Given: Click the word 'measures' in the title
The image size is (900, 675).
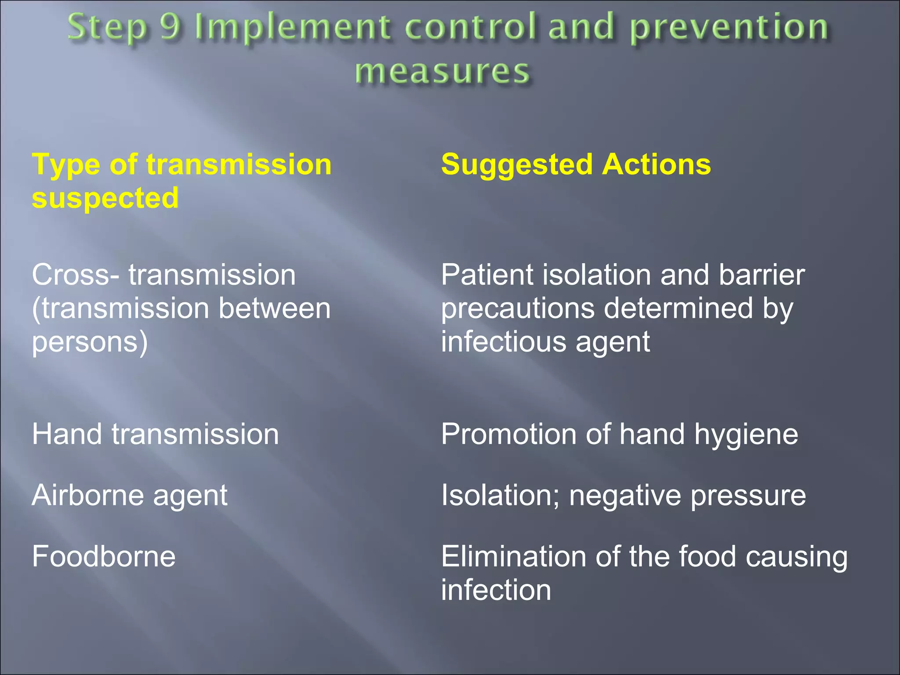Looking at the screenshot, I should click(x=443, y=72).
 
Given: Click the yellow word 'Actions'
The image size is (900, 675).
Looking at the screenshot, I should click(x=657, y=164).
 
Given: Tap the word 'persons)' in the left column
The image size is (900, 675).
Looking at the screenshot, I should click(x=90, y=342).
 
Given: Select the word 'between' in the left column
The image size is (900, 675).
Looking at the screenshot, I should click(x=274, y=308).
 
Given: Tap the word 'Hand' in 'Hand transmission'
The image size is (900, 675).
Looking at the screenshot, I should click(x=67, y=434).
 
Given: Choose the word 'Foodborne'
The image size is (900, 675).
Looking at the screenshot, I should click(x=104, y=556).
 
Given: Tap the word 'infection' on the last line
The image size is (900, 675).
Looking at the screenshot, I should click(x=496, y=590).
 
